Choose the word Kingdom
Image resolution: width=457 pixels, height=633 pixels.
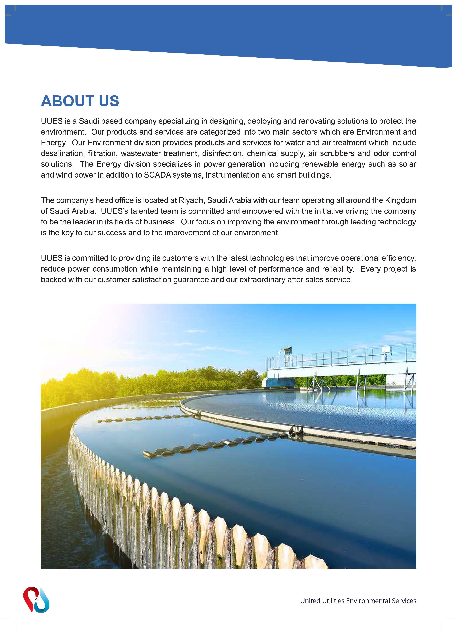point(400,200)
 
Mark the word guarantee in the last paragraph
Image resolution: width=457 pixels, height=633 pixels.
point(191,280)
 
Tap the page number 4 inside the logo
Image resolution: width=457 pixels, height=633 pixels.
point(36,599)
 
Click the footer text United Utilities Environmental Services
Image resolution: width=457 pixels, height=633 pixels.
point(358,601)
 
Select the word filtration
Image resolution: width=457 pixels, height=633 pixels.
point(102,153)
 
